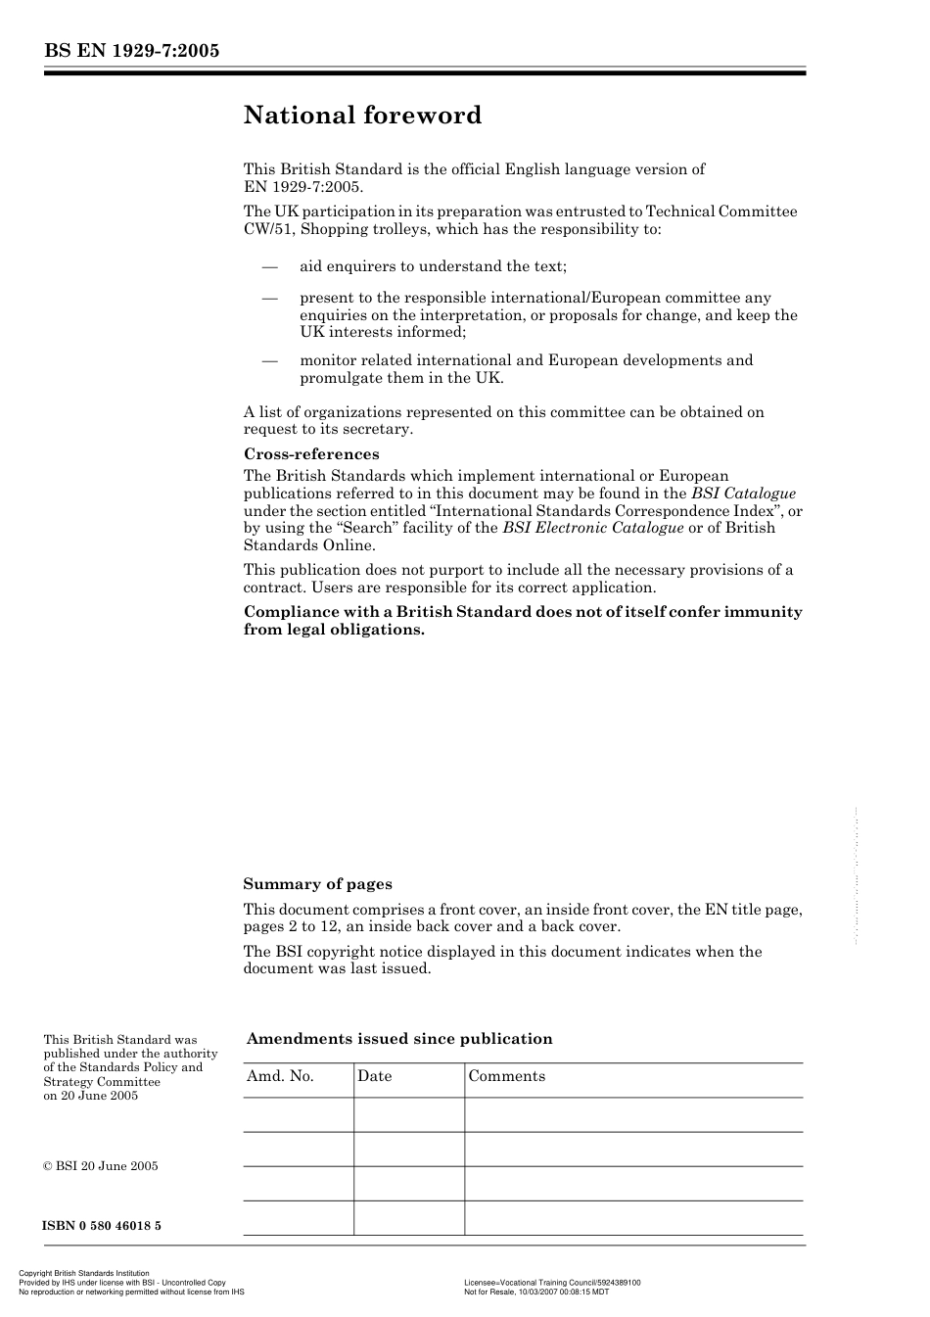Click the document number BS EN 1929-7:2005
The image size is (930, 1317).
[x=131, y=51]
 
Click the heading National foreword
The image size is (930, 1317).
[x=362, y=116]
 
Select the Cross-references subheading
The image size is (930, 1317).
[x=310, y=454]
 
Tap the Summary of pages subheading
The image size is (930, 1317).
[x=317, y=884]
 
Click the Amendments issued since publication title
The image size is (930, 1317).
[x=399, y=1039]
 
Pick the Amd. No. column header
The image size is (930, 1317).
[x=280, y=1076]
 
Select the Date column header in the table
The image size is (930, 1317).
[x=374, y=1076]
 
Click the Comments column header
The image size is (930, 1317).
[x=506, y=1076]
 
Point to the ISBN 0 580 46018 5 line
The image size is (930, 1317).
[x=102, y=1225]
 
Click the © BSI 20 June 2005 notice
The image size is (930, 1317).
[x=100, y=1166]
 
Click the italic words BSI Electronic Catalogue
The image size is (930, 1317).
[x=592, y=528]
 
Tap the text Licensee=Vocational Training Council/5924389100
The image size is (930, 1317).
[x=552, y=1283]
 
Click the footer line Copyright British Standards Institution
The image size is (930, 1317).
[x=84, y=1274]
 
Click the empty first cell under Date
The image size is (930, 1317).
[x=408, y=1114]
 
